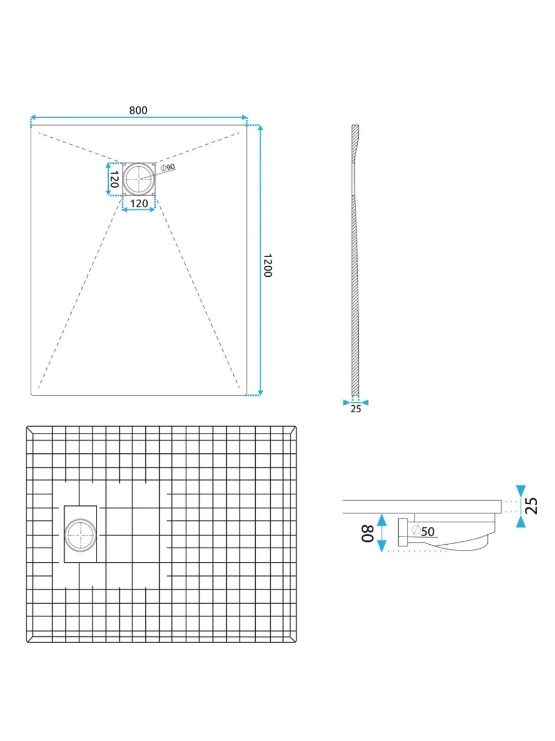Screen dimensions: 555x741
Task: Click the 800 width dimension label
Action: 138,110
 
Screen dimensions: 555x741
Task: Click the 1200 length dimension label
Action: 267,265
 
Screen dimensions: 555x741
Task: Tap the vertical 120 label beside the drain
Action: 114,179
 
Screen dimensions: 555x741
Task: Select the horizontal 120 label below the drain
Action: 139,203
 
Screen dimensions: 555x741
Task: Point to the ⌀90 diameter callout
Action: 168,167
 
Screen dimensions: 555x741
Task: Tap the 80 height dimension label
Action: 367,533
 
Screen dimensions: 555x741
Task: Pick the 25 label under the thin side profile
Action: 355,409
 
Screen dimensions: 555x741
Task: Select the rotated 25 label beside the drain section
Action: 532,506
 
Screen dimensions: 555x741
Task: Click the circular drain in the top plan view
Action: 139,178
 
